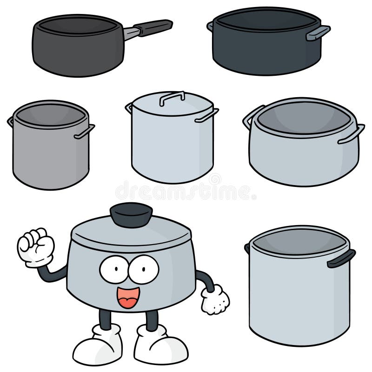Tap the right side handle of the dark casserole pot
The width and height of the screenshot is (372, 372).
coord(318,32)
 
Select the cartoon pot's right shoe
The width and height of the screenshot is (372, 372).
coord(160,344)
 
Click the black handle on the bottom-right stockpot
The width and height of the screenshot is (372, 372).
coord(341,258)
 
